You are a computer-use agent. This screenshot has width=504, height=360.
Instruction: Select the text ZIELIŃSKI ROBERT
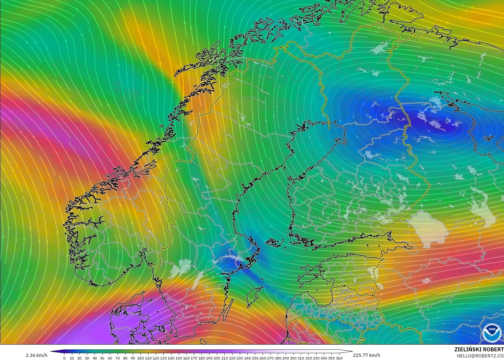coord(479,350)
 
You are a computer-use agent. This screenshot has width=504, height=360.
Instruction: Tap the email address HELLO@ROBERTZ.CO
coord(480,356)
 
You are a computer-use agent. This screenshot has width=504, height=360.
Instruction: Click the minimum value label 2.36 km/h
coord(36,355)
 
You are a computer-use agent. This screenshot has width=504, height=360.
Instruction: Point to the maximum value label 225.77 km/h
coord(366,355)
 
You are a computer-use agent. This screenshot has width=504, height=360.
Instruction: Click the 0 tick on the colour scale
coord(64,358)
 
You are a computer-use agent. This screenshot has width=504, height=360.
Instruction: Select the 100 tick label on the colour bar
coord(140,358)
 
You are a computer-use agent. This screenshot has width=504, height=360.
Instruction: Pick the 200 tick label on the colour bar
coord(217,358)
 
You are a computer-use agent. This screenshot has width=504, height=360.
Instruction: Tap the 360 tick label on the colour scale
coord(339,358)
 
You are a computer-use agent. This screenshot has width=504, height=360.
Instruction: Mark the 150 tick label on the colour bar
coord(179,358)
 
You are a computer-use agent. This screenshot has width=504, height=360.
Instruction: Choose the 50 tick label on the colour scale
coord(102,358)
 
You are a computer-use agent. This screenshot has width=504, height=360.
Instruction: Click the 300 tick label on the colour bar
coord(293,358)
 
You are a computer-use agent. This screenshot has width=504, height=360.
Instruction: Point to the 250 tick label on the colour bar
coord(255,358)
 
